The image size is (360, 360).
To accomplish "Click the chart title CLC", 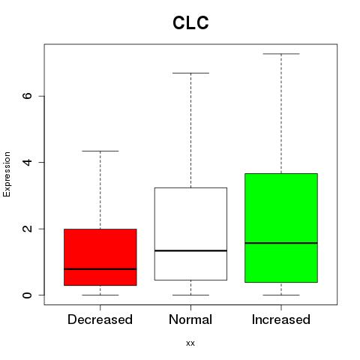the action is (190, 22).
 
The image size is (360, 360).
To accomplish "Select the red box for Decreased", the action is (100, 257).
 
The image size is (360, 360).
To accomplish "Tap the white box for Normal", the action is (190, 234).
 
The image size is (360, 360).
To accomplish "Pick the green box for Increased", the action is (281, 228).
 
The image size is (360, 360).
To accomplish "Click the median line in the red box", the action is (100, 269).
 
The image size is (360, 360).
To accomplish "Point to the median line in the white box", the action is (190, 250).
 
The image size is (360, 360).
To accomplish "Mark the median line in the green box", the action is (281, 243).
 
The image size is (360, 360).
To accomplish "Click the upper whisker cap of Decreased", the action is (100, 151).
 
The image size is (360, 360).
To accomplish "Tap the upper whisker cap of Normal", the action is (190, 73).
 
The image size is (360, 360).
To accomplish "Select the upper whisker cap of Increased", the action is (281, 54).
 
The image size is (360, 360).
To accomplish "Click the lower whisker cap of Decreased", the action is (100, 295).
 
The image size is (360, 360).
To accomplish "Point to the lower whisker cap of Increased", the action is (281, 295).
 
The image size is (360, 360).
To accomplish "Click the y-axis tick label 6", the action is (28, 96).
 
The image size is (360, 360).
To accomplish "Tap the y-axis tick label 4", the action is (28, 162).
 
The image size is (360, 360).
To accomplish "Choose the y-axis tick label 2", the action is (28, 229).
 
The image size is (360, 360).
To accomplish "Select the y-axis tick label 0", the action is (28, 295).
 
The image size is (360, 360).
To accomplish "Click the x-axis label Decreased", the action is (100, 319).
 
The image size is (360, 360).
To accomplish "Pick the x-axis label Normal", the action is (190, 319).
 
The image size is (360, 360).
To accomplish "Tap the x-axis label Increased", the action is (281, 319).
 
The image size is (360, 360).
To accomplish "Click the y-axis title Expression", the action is (7, 174).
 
